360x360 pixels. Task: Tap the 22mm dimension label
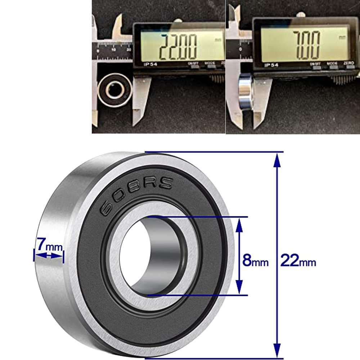tap(298, 260)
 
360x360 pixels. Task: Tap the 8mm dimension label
tap(255, 260)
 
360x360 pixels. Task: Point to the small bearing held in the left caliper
tap(114, 90)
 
